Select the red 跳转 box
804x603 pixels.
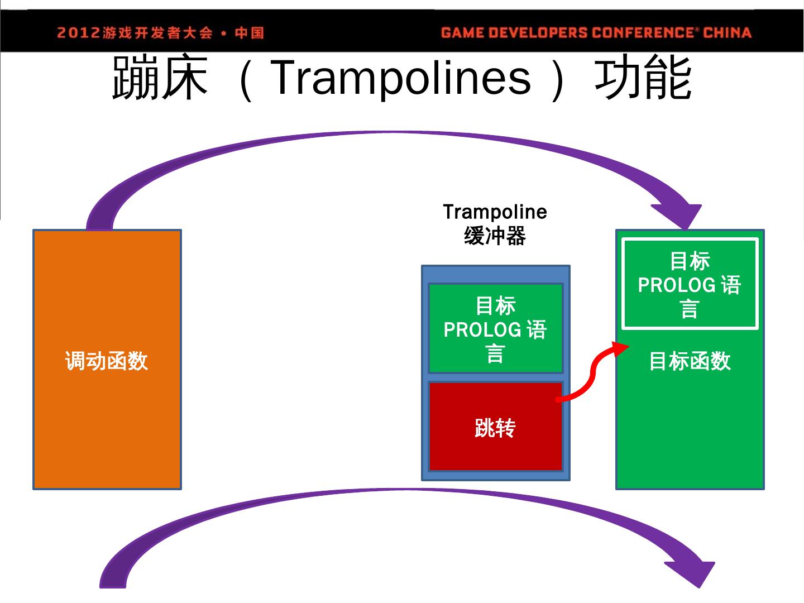coord(495,427)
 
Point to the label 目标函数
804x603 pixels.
coord(690,361)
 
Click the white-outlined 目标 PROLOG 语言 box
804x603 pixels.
coord(690,284)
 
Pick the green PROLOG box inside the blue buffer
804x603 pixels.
coord(495,328)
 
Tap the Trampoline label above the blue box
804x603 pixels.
coord(495,212)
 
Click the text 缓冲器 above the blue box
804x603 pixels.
coord(495,236)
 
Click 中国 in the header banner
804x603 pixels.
coord(249,32)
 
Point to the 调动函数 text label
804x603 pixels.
coord(107,361)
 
